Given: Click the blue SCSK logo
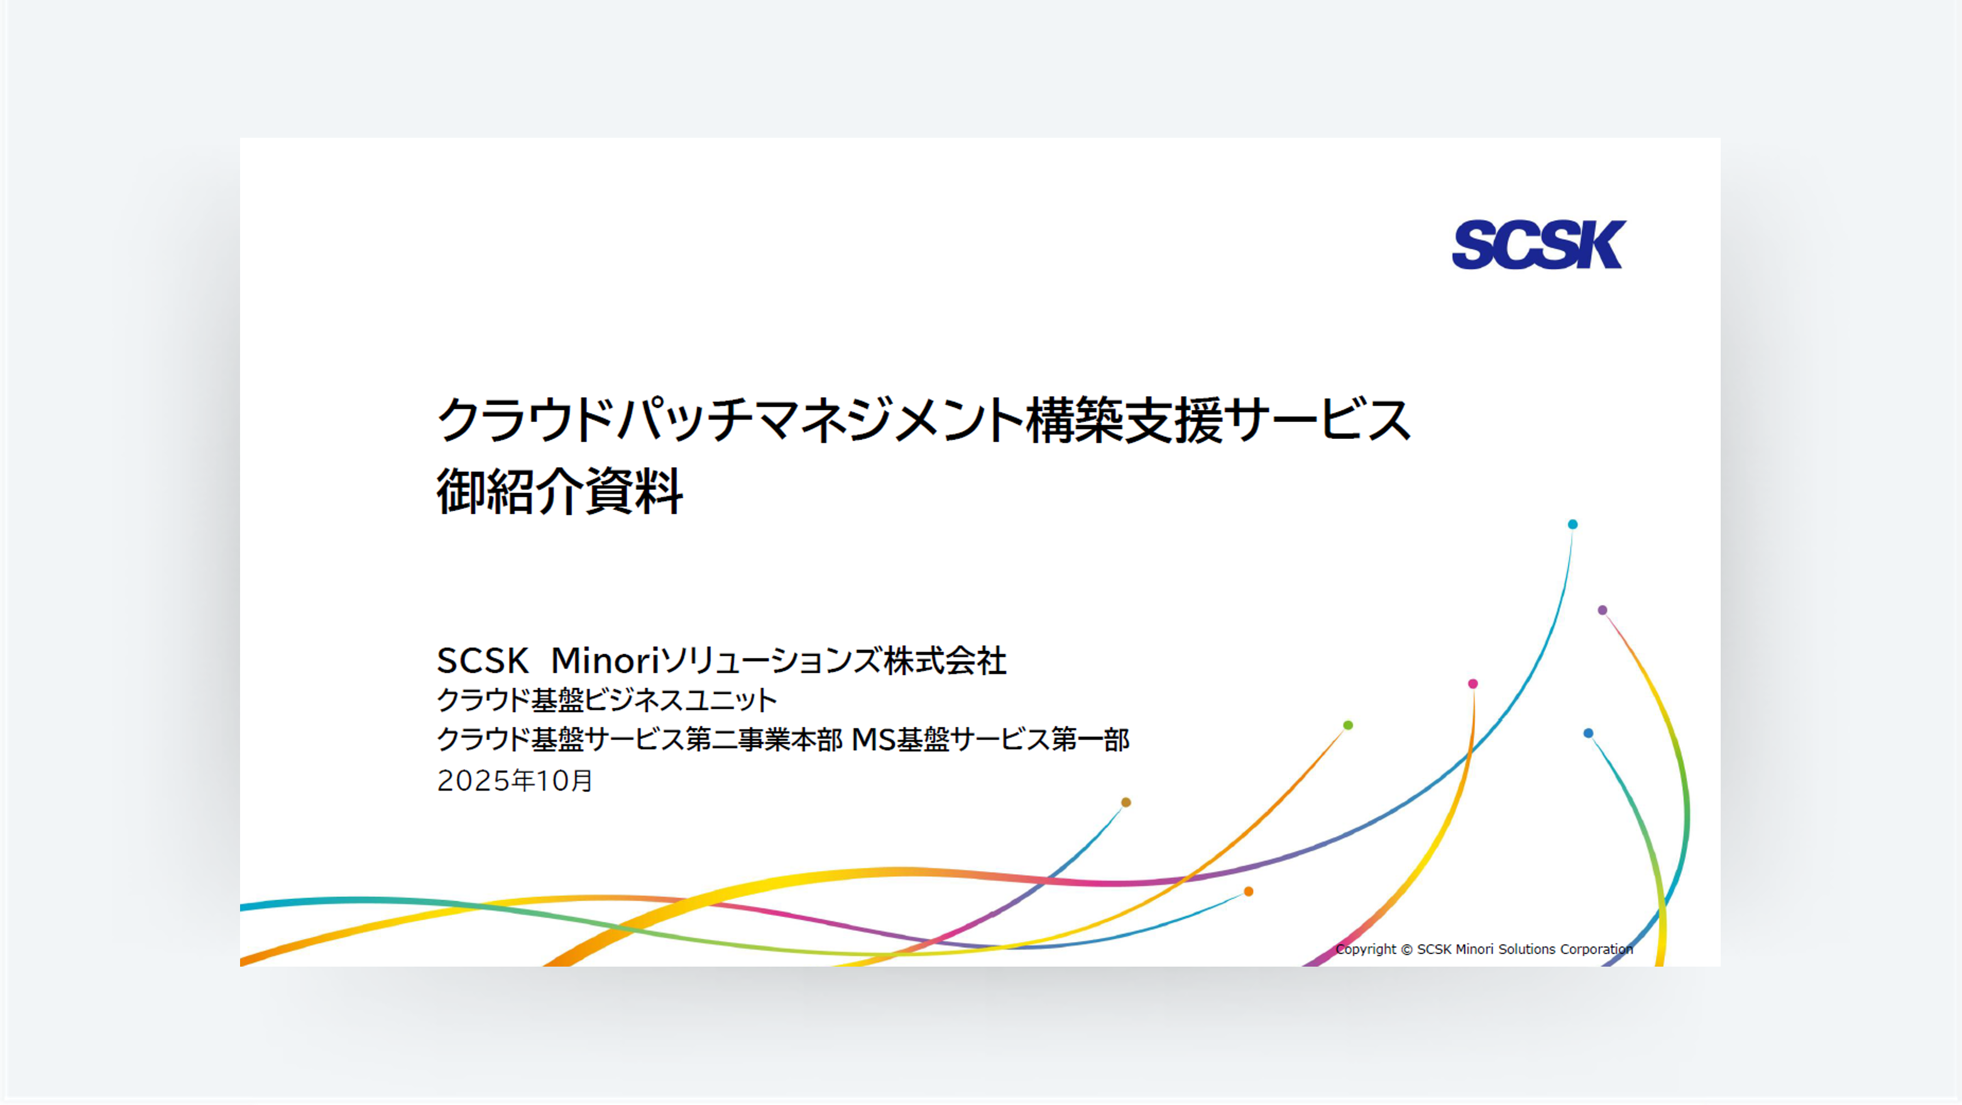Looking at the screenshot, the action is click(1538, 245).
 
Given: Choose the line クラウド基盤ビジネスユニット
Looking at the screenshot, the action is click(607, 699).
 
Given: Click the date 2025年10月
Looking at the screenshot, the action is click(515, 780).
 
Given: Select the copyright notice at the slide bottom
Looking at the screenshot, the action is click(1484, 949).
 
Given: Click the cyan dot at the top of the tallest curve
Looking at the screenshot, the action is click(1573, 525).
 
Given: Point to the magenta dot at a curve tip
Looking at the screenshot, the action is click(1473, 684).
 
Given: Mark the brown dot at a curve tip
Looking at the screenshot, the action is click(1126, 802).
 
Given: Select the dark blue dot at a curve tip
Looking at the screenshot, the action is click(1588, 733).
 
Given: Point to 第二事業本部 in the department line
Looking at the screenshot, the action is click(764, 739).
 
